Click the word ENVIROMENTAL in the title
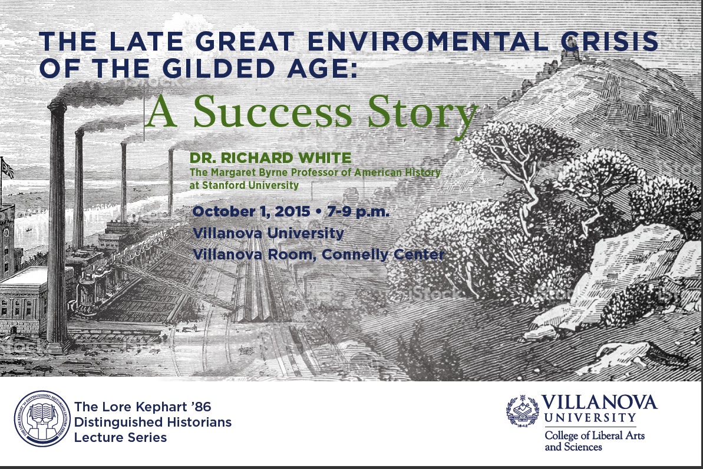point(427,42)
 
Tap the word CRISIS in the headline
point(609,42)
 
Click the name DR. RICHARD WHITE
point(270,158)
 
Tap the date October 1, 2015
point(251,212)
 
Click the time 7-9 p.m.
point(358,212)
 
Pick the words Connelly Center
point(383,254)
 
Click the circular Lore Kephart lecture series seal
point(42,418)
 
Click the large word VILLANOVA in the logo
point(599,403)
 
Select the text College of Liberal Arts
point(595,435)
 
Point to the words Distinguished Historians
point(153,422)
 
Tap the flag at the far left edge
point(6,168)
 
